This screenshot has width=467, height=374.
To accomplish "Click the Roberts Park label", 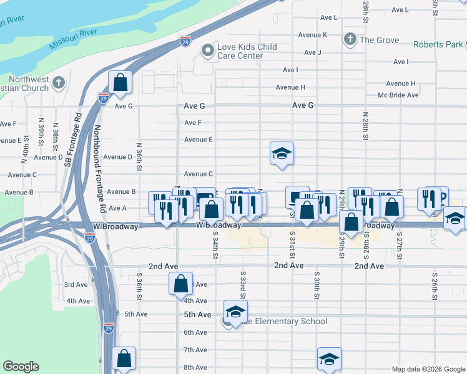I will (438, 44).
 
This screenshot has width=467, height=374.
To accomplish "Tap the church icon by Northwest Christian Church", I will (59, 82).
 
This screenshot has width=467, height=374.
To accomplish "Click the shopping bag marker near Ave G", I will (120, 82).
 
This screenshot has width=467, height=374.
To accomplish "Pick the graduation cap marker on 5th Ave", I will (235, 312).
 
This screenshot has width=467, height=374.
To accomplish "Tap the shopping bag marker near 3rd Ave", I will (180, 285).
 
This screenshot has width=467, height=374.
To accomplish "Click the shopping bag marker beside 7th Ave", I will (124, 358).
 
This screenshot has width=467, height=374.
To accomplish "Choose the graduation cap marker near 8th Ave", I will (329, 359).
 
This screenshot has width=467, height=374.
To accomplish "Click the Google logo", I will (21, 367).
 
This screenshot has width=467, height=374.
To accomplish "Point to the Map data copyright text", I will (428, 369).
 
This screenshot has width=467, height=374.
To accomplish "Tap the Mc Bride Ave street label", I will (398, 95).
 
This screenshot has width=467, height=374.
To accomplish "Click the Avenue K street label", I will (312, 35).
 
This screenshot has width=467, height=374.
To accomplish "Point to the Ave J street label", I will (310, 52).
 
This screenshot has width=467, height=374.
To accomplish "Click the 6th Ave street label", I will (195, 332).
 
